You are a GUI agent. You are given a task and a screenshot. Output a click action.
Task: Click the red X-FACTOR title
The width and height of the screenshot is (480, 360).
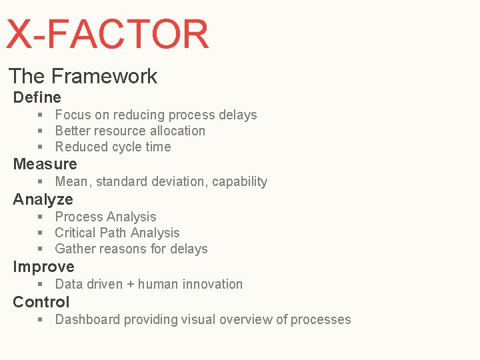[x=107, y=35]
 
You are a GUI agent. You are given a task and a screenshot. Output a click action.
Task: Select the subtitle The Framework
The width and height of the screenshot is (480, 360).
[x=83, y=76]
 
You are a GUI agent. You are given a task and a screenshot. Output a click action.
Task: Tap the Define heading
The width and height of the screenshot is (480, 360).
[x=37, y=97]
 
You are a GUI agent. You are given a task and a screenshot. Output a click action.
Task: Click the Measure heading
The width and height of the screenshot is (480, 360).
[x=45, y=164]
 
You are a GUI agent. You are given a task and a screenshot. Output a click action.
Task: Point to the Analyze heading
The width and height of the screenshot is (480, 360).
[x=43, y=199]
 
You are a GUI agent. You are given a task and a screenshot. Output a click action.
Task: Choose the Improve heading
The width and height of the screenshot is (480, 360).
[x=43, y=267]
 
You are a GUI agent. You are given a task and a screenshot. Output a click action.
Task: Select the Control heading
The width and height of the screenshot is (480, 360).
[x=41, y=302]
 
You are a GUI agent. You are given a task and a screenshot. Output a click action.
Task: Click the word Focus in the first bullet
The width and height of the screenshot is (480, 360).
[x=72, y=115]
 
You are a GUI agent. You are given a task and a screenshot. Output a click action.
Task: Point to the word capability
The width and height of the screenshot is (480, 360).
[x=239, y=182]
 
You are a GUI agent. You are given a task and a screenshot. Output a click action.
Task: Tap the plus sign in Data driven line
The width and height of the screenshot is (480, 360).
[x=130, y=285]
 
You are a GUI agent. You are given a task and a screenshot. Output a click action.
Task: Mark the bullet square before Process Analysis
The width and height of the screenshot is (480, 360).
[x=41, y=217]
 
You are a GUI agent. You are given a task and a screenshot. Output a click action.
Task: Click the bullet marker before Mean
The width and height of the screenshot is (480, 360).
[x=41, y=182]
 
